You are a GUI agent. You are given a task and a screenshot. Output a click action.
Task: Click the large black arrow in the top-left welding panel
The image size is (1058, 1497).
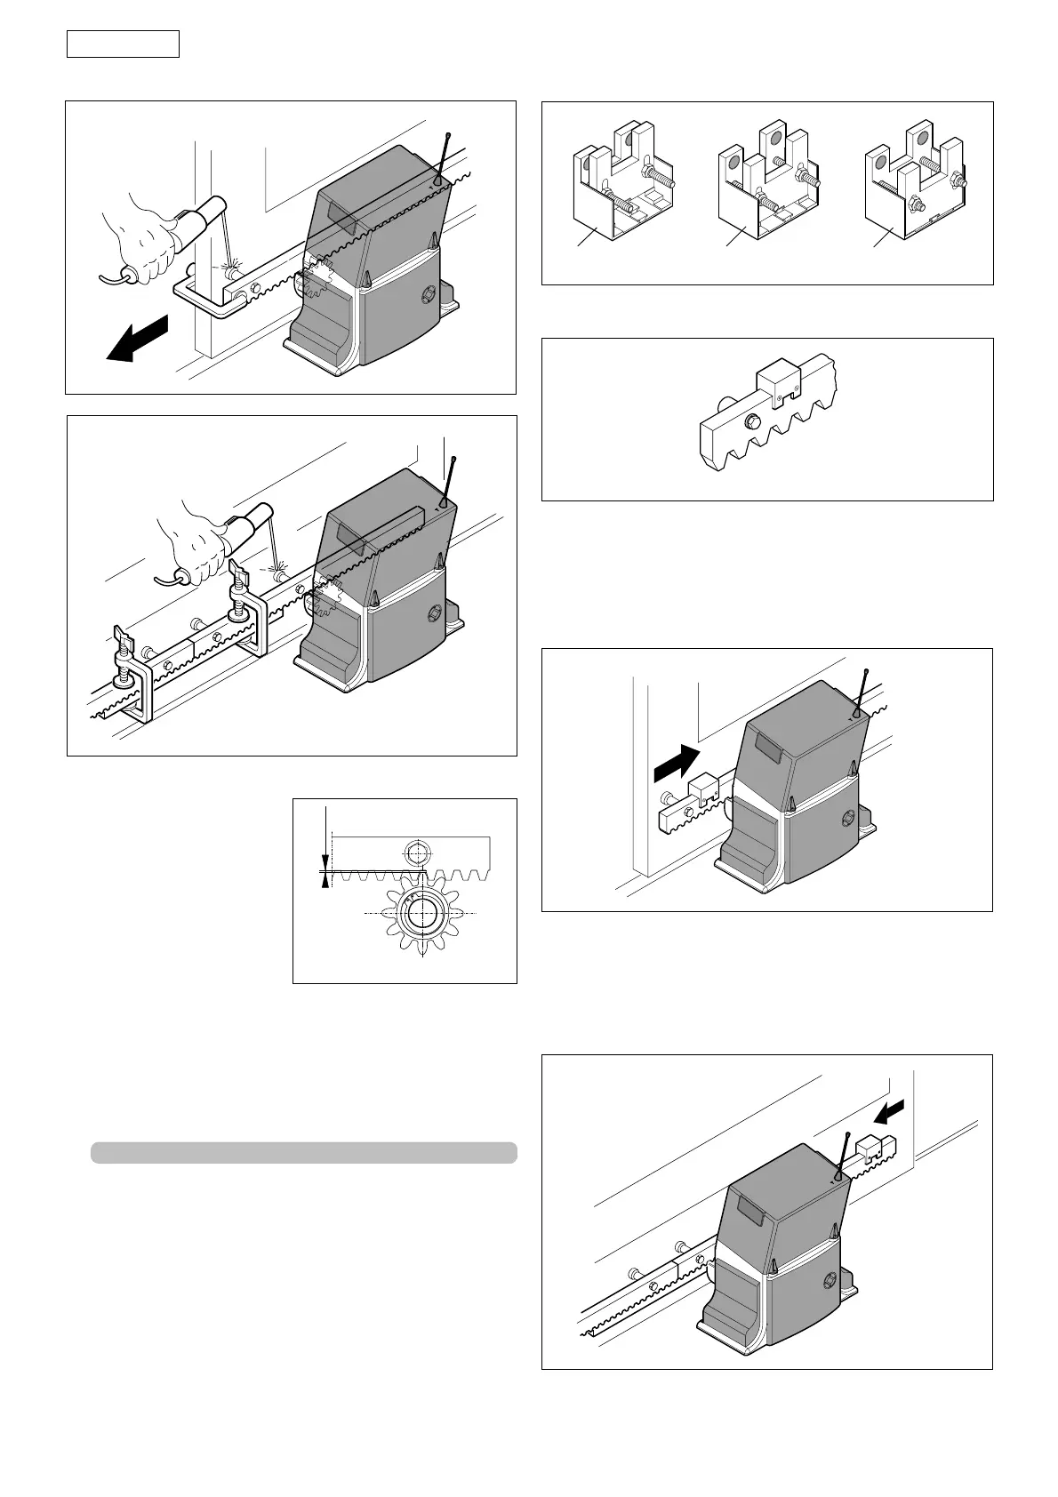point(136,340)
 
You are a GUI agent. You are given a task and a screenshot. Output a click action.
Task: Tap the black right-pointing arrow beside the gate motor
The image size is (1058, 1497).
point(675,764)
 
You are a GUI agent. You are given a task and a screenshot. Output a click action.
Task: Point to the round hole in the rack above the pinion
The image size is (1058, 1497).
point(417,853)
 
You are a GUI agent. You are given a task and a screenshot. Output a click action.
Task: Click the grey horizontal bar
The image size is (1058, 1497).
point(304,1153)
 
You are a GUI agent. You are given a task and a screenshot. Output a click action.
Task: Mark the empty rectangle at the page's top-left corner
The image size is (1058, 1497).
point(124,44)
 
